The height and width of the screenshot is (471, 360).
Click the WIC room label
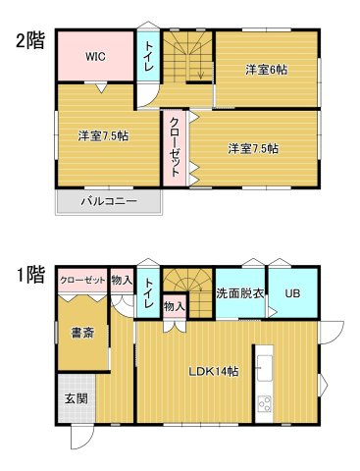pyautogui.click(x=95, y=57)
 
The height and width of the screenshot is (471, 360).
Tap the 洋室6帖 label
pyautogui.click(x=266, y=70)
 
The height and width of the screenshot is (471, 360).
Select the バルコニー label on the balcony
pyautogui.click(x=109, y=200)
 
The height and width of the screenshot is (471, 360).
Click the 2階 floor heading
pyautogui.click(x=30, y=41)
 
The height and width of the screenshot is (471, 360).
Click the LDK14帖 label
pyautogui.click(x=213, y=371)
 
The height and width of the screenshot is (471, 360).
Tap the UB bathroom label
pyautogui.click(x=292, y=293)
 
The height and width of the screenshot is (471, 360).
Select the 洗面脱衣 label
pyautogui.click(x=240, y=293)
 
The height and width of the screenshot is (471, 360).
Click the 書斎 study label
pyautogui.click(x=82, y=333)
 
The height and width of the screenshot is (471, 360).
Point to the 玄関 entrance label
pyautogui.click(x=76, y=398)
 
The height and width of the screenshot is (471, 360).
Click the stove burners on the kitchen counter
pyautogui.click(x=265, y=403)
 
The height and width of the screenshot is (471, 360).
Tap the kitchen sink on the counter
pyautogui.click(x=265, y=368)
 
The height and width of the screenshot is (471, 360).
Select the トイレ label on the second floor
pyautogui.click(x=148, y=56)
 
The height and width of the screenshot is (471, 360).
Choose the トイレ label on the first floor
pyautogui.click(x=148, y=292)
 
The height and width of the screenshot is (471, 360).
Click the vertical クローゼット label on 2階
pyautogui.click(x=175, y=147)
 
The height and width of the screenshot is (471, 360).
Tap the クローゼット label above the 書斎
pyautogui.click(x=82, y=281)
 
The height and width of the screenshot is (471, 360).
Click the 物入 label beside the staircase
pyautogui.click(x=175, y=306)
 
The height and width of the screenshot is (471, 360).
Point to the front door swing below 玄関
pyautogui.click(x=79, y=437)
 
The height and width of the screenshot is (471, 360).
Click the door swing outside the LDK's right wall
pyautogui.click(x=332, y=332)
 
